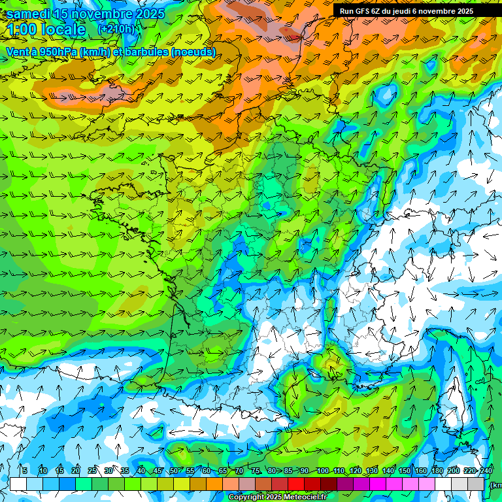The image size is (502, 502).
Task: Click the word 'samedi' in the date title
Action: [x=29, y=14]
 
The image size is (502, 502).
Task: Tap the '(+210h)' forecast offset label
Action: [x=116, y=29]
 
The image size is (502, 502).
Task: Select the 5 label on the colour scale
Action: [x=24, y=471]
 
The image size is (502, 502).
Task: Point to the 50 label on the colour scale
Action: [x=174, y=471]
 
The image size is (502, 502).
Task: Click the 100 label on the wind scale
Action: [x=322, y=471]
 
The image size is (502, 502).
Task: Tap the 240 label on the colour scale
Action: [x=486, y=471]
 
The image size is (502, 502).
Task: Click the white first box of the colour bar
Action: [x=18, y=484]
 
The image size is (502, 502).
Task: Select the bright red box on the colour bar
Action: [x=296, y=484]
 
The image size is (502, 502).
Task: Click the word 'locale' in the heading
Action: [x=63, y=29]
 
